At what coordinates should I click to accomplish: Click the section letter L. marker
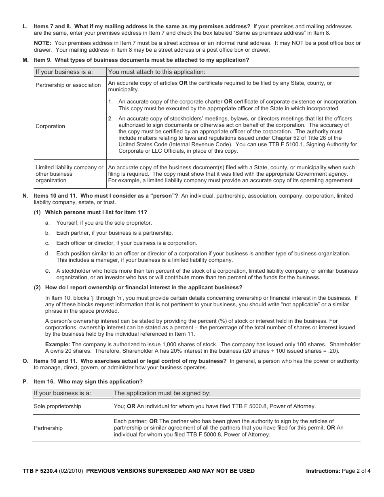(x=25, y=27)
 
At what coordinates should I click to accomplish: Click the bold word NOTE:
(x=42, y=43)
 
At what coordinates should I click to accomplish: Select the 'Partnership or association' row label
(x=68, y=85)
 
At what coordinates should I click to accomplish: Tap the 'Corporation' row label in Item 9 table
(x=50, y=126)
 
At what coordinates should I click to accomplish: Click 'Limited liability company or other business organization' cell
(x=69, y=174)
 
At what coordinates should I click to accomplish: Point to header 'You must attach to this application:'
(x=157, y=72)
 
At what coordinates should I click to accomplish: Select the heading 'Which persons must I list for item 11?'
(x=96, y=212)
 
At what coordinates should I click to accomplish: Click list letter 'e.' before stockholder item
(x=47, y=271)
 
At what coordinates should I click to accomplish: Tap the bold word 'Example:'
(x=57, y=344)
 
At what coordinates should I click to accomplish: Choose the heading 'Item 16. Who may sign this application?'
(x=88, y=381)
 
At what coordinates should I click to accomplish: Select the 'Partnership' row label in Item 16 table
(x=48, y=428)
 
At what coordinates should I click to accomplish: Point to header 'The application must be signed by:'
(x=162, y=393)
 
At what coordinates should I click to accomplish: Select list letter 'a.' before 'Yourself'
(x=47, y=223)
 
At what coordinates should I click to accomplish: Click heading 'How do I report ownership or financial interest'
(x=143, y=287)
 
